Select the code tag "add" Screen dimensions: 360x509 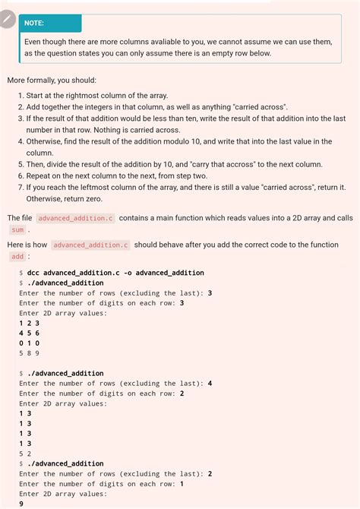click(x=17, y=257)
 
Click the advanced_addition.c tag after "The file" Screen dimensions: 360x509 click(x=75, y=218)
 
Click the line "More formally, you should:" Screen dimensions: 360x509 click(x=52, y=81)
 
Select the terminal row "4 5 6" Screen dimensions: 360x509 click(x=29, y=333)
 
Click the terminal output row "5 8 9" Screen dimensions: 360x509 click(x=29, y=353)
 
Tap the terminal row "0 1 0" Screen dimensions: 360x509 click(x=29, y=343)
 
